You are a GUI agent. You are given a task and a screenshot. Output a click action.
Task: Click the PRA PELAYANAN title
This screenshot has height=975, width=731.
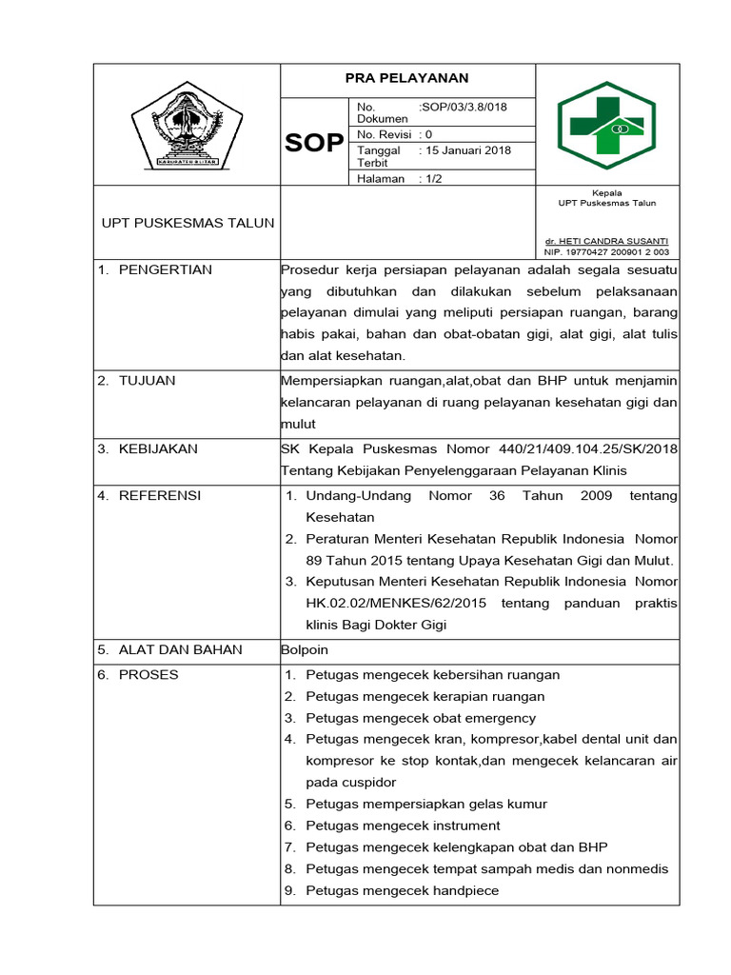tap(406, 78)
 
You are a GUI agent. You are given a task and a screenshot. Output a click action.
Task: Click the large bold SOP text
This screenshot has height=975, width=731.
tap(314, 143)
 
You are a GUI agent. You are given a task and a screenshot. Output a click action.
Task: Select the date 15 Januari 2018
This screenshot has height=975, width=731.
tap(471, 150)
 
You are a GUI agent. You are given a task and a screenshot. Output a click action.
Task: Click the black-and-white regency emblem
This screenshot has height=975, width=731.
tap(187, 126)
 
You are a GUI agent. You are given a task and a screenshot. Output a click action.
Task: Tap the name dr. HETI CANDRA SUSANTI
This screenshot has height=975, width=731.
tap(605, 241)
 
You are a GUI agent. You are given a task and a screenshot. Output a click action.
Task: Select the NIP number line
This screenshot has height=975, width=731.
tap(605, 252)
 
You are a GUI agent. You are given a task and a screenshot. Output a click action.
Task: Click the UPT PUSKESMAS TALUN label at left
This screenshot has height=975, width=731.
tap(188, 223)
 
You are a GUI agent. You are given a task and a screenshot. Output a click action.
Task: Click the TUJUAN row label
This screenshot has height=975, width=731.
tap(147, 381)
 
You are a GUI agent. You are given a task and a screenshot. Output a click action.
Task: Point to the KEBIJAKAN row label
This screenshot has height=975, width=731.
tap(158, 448)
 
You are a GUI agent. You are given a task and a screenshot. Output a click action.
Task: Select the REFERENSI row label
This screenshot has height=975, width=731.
tap(159, 495)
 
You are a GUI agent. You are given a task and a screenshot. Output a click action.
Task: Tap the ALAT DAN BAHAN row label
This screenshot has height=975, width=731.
tap(180, 649)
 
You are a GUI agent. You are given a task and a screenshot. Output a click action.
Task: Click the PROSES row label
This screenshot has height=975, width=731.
tap(148, 674)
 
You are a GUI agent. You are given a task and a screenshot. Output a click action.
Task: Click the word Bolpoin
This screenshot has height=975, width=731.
tap(305, 649)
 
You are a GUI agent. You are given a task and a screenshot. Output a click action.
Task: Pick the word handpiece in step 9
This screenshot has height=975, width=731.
tap(464, 890)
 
